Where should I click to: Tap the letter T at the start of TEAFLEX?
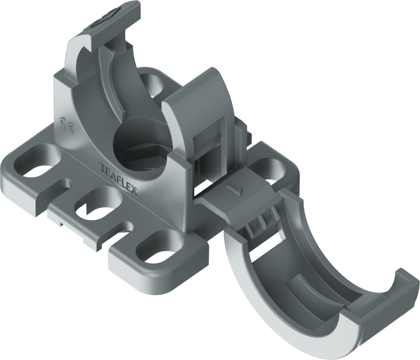[x=101, y=168]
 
